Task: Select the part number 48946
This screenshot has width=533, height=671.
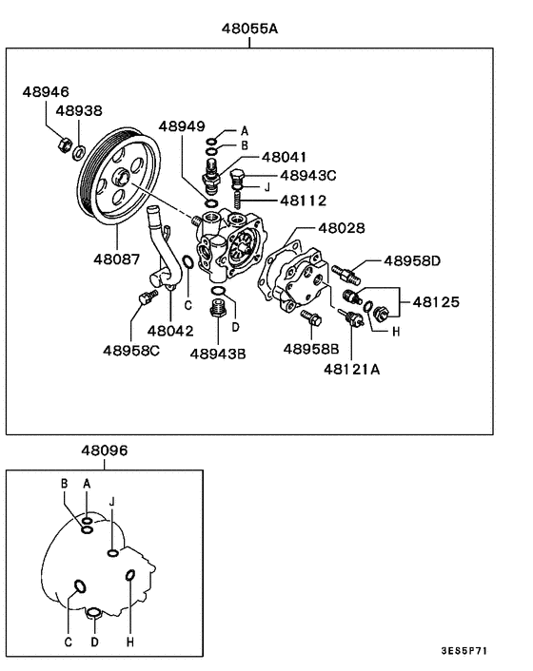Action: [x=47, y=92]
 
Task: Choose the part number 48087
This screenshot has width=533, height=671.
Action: [x=116, y=258]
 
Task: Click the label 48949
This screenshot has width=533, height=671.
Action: [x=182, y=126]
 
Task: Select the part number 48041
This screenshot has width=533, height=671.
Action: [x=285, y=157]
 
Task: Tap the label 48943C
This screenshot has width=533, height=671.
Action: [x=309, y=176]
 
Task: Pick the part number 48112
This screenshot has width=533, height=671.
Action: [x=302, y=201]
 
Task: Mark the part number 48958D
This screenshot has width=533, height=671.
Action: [x=412, y=259]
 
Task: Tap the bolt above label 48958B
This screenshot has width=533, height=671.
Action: [x=308, y=317]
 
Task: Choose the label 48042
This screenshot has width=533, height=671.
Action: [x=170, y=331]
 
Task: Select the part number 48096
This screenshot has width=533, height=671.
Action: [x=104, y=450]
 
